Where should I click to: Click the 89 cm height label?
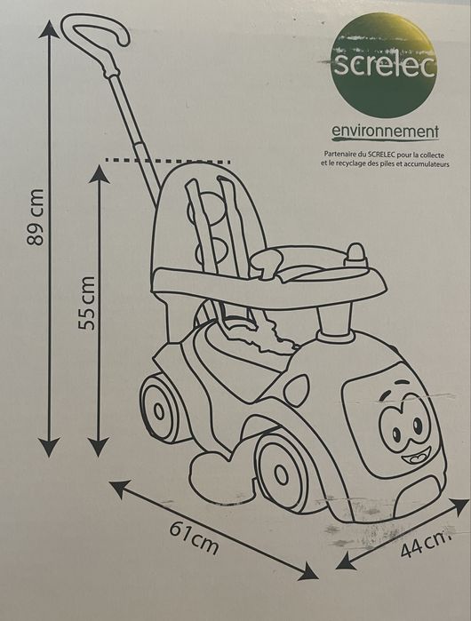pyautogui.click(x=34, y=217)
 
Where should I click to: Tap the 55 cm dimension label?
pyautogui.click(x=86, y=303)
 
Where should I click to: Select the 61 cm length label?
pyautogui.click(x=194, y=537)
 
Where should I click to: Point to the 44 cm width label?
pyautogui.click(x=426, y=545)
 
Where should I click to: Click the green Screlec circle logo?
pyautogui.click(x=383, y=65)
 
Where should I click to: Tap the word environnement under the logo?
pyautogui.click(x=385, y=131)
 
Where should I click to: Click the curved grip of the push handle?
pyautogui.click(x=95, y=37)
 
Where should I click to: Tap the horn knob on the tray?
pyautogui.click(x=356, y=256)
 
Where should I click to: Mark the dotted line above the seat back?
pyautogui.click(x=168, y=161)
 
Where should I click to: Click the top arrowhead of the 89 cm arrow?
pyautogui.click(x=51, y=28)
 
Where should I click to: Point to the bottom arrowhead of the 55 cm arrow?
pyautogui.click(x=99, y=447)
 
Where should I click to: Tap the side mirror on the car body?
pyautogui.click(x=296, y=389)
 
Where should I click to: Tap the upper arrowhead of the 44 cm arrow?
pyautogui.click(x=459, y=506)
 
